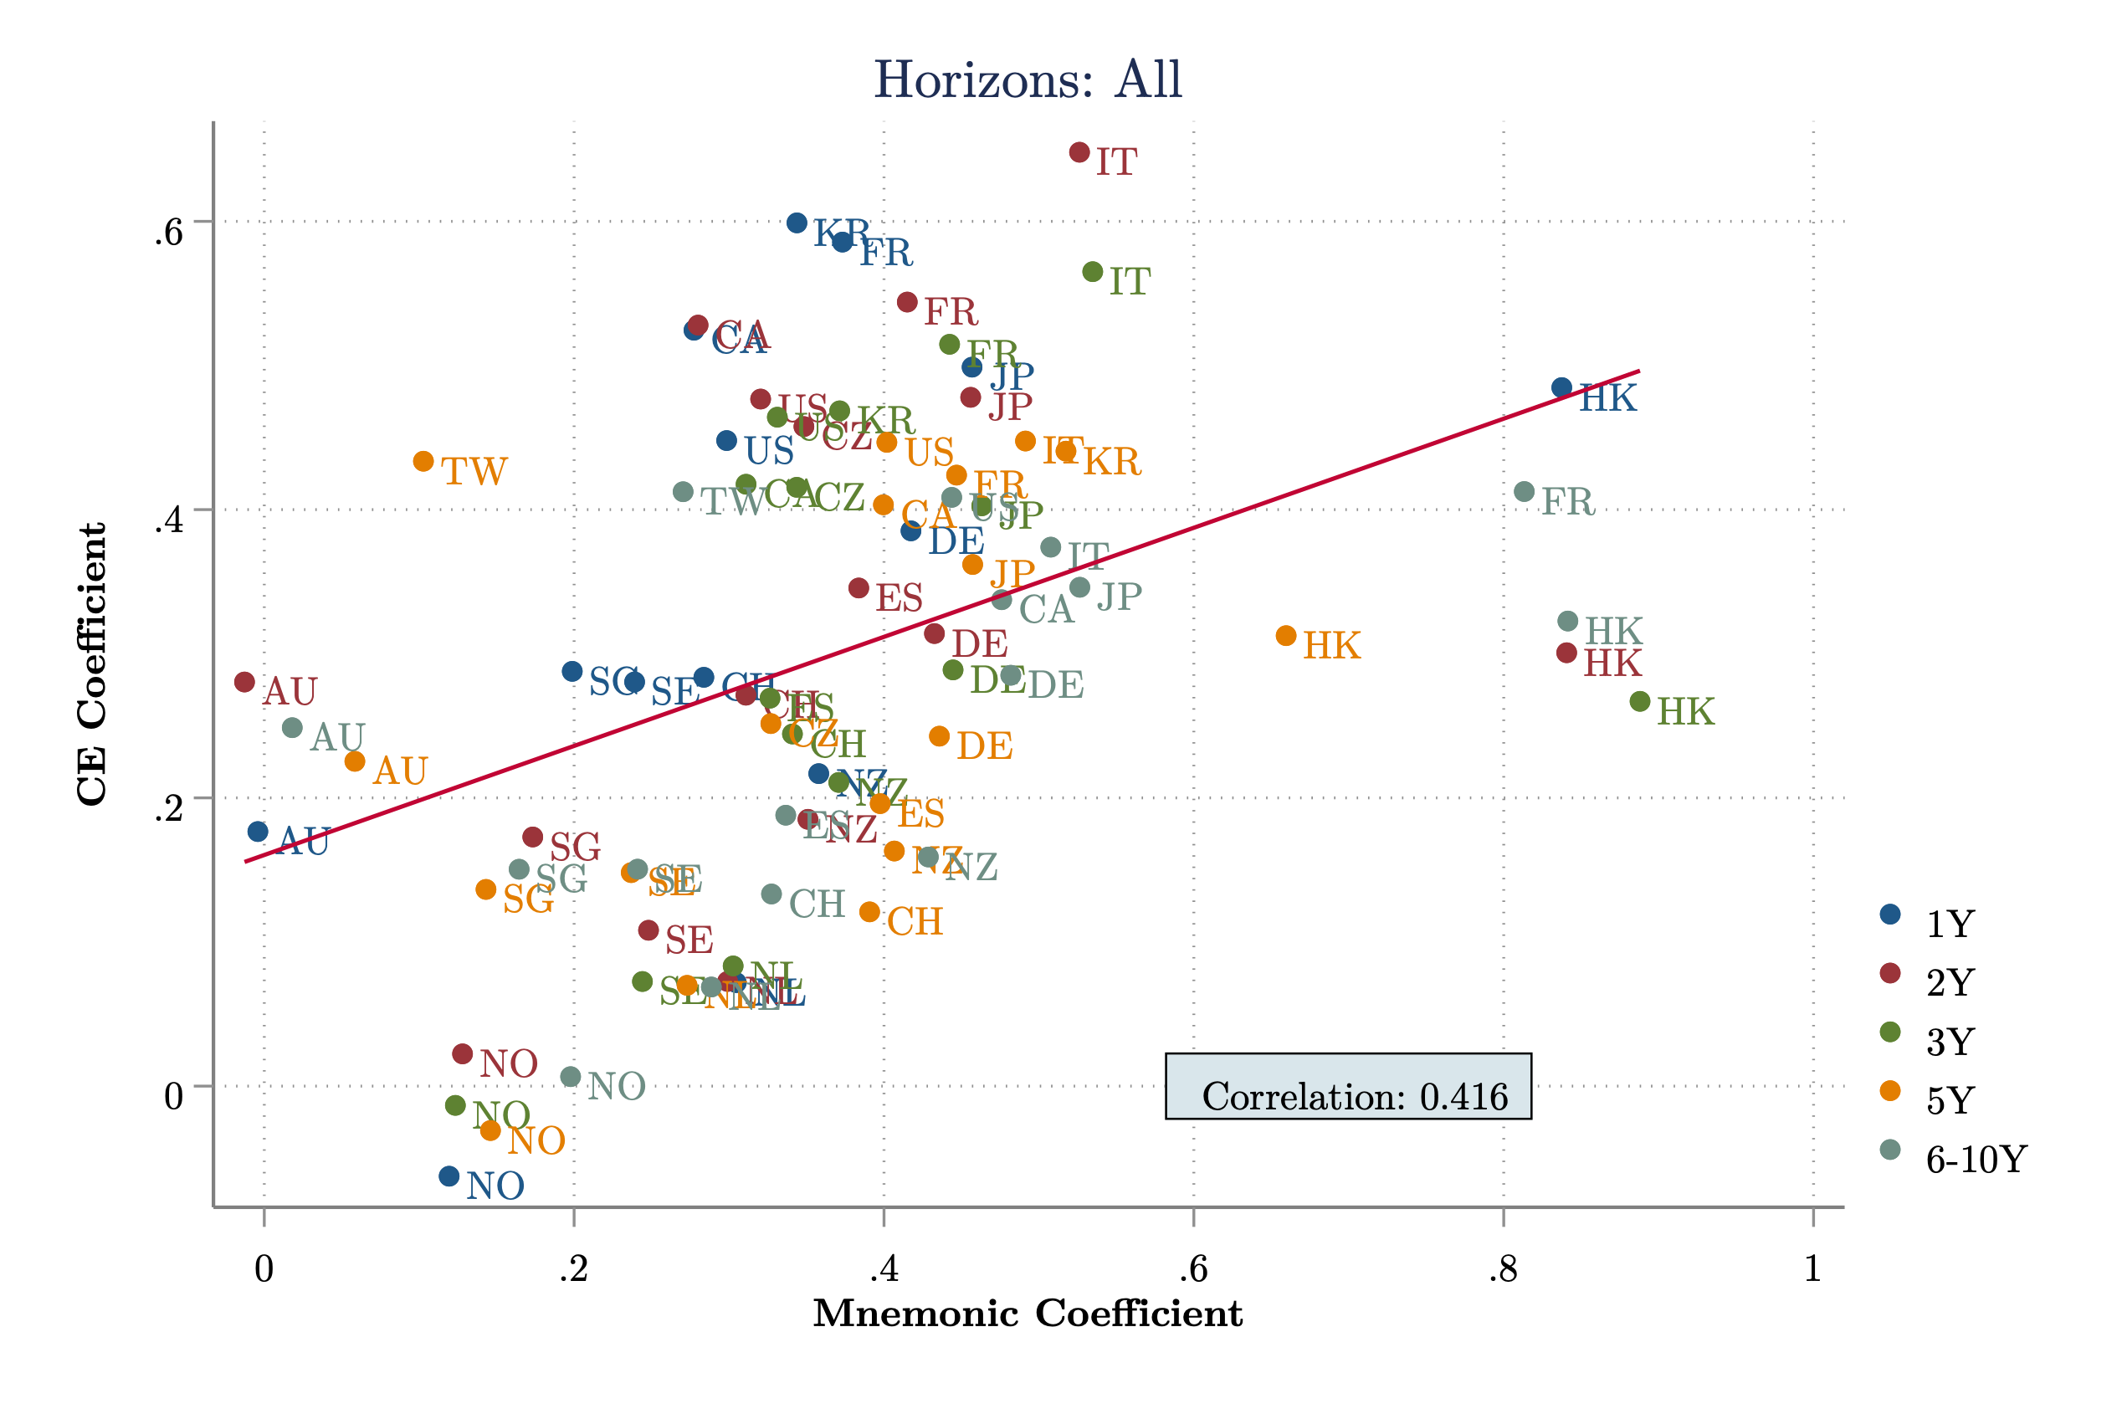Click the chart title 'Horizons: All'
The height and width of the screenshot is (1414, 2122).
(1028, 80)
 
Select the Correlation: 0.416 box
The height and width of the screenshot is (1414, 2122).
(1347, 1086)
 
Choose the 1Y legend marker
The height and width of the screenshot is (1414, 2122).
(1890, 914)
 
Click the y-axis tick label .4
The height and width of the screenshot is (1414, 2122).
(169, 520)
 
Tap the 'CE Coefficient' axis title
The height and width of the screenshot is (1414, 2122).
(92, 663)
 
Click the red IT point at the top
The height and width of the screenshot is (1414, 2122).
(1079, 152)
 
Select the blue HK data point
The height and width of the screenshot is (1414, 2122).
(1562, 387)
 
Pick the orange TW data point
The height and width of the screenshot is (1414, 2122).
(423, 462)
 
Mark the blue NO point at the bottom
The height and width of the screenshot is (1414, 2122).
(449, 1176)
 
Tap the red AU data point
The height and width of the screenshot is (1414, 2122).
(244, 682)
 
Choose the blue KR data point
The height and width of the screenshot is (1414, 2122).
(797, 223)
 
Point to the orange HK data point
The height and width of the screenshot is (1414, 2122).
(1286, 636)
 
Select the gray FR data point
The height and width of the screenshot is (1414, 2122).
(1524, 491)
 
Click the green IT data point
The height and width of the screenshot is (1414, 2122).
(1092, 271)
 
